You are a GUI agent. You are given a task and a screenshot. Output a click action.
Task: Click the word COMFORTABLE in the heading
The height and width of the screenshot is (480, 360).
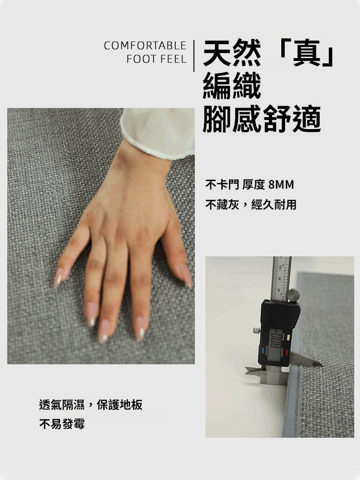click(145, 46)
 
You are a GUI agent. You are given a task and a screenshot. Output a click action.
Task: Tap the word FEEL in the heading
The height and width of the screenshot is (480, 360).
click(173, 59)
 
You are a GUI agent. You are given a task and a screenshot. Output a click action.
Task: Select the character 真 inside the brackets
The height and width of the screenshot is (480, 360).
click(306, 53)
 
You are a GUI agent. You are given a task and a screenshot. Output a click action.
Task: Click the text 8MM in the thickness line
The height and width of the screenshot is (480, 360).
click(281, 185)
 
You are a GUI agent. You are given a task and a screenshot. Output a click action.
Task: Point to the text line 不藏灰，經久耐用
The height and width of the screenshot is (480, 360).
click(251, 204)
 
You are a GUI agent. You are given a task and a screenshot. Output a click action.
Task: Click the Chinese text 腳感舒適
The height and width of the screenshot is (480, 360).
click(262, 119)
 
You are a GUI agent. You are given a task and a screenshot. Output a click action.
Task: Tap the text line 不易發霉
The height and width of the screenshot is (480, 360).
click(62, 424)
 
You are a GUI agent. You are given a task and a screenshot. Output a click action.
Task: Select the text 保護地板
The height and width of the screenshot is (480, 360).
click(120, 405)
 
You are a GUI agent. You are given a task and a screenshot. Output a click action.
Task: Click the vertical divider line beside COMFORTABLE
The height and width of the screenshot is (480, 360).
click(194, 56)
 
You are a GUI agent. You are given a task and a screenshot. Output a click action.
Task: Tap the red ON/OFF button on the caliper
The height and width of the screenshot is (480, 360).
click(287, 352)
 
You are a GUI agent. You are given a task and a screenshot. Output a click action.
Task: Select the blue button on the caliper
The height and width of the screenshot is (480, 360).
click(263, 350)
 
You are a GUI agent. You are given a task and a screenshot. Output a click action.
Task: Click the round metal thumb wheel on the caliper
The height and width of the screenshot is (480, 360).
click(293, 295)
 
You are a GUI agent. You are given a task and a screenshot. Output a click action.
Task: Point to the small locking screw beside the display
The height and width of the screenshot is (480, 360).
click(256, 330)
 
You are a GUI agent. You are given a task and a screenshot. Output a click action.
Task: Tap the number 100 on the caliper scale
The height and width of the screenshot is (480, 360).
click(280, 268)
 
